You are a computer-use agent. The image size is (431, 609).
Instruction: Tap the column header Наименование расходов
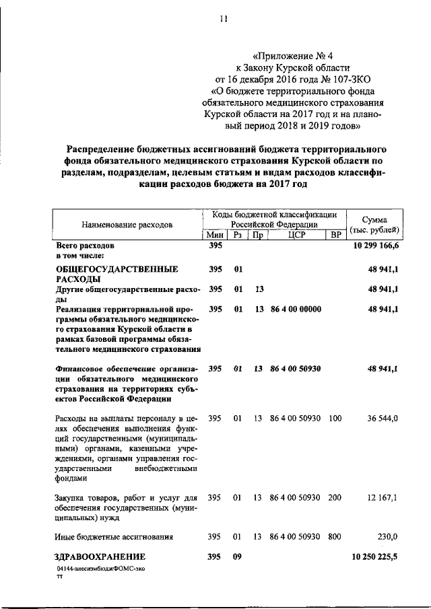pos(127,223)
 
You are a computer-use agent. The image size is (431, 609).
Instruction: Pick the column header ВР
pos(334,235)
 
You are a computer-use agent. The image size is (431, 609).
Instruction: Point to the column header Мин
pos(216,235)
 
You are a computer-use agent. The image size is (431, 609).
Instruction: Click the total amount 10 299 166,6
pos(375,247)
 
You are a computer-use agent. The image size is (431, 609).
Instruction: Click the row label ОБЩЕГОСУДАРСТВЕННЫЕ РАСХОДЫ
pos(117,274)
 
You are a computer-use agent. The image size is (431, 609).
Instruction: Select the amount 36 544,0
pos(383,419)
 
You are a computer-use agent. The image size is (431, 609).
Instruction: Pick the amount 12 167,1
pos(383,497)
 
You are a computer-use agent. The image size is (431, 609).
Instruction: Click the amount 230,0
pos(387,536)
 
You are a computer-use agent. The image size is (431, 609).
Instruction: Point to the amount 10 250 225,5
pos(375,557)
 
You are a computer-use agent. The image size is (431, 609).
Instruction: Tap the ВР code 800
pos(335,536)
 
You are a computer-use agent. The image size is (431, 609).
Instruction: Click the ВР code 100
pos(335,419)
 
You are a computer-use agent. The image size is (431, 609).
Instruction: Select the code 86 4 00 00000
pos(296,310)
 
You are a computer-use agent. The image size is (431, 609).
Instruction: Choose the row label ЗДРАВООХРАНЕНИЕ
pos(100,557)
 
